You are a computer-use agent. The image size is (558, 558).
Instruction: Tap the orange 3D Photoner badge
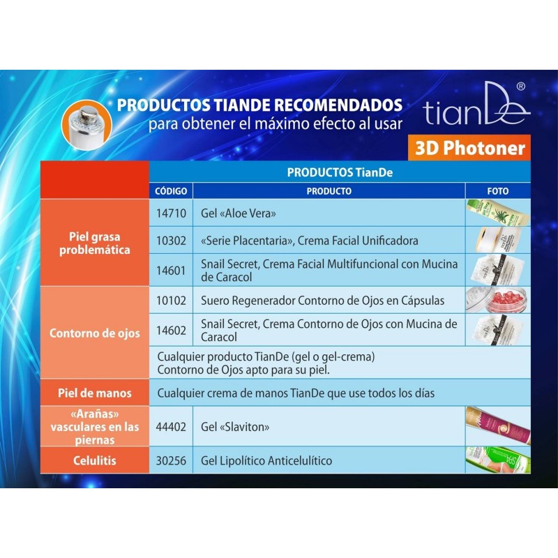(x=469, y=148)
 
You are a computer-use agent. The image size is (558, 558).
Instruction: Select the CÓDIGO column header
(x=170, y=191)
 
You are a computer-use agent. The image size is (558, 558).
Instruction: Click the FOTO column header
(x=497, y=191)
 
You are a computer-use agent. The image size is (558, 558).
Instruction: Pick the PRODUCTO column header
(x=329, y=191)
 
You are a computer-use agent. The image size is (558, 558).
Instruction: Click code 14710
(x=171, y=213)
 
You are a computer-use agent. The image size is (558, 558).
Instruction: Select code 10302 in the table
(x=171, y=241)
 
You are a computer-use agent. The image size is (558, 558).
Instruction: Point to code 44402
(x=171, y=426)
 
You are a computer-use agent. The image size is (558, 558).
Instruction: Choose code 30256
(x=171, y=460)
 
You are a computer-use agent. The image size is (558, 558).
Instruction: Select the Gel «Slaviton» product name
(x=235, y=426)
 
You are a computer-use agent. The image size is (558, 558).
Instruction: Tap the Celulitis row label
(x=94, y=460)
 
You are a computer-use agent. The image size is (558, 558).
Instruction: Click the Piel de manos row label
(x=94, y=393)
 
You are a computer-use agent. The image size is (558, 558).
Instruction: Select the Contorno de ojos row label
(x=94, y=333)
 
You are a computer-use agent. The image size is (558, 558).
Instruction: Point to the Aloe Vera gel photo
(x=497, y=213)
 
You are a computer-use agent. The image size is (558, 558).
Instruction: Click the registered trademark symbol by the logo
(x=520, y=86)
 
